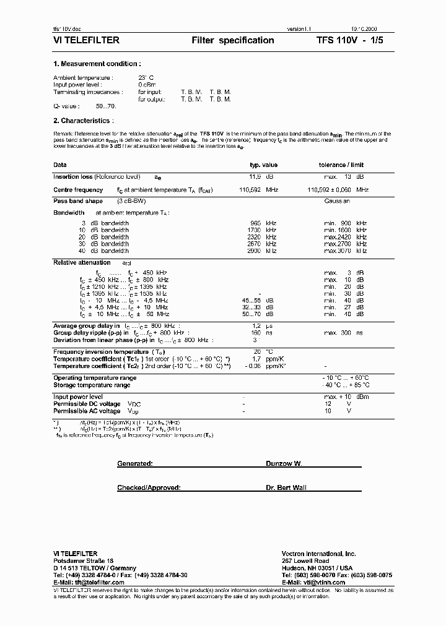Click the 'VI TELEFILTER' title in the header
pos(86,40)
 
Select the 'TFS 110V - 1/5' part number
pos(352,40)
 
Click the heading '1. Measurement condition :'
pos(97,64)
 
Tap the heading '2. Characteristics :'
pos(84,121)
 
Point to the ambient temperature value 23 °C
pos(147,78)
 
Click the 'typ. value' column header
pos(263,165)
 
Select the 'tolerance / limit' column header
pos(341,165)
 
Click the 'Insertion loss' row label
pos(74,177)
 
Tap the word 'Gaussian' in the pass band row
pos(337,201)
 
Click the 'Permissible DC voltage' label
pos(87,404)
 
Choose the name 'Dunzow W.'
pos(284,463)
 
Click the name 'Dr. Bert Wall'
pos(286,487)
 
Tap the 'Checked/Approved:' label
pos(149,487)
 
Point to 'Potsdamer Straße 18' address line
pos(84,561)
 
